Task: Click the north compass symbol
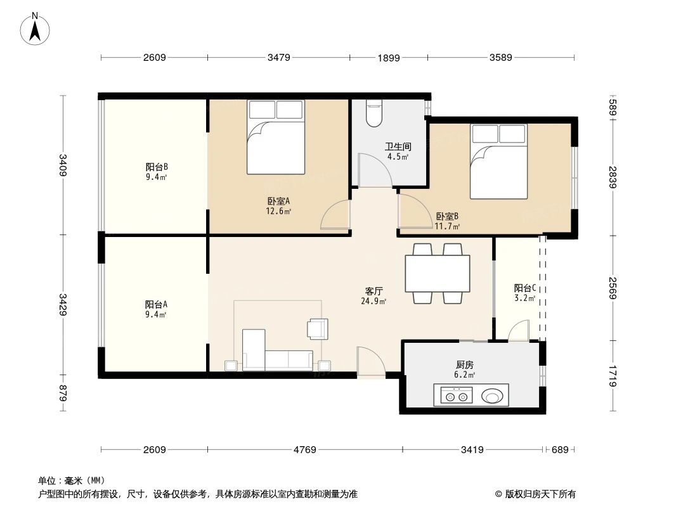click(x=37, y=28)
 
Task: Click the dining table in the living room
click(x=438, y=273)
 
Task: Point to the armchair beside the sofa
click(x=317, y=328)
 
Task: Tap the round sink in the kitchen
click(x=493, y=397)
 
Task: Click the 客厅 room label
click(x=374, y=292)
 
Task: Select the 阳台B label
click(x=156, y=167)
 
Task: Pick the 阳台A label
click(x=156, y=304)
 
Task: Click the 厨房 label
click(x=464, y=365)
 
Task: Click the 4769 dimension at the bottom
click(x=305, y=449)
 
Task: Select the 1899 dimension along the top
click(x=388, y=58)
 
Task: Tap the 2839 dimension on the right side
click(x=613, y=178)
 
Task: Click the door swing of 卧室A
click(x=336, y=215)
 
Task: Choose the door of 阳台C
click(x=519, y=331)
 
